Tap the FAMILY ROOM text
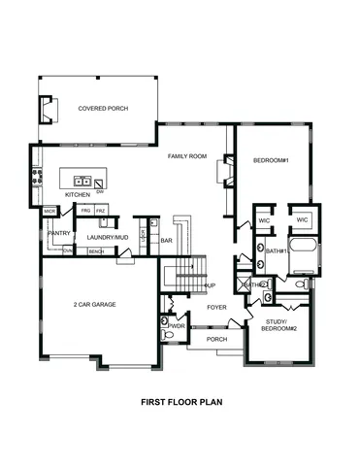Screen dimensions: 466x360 [x=187, y=156]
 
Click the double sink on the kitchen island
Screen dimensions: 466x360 [x=83, y=181]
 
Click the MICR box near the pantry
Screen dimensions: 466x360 [x=49, y=210]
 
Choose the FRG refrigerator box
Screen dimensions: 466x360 [x=85, y=211]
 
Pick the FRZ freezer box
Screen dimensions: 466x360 [x=101, y=211]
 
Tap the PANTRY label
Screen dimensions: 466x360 [x=59, y=233]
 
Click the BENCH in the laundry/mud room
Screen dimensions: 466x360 [x=96, y=251]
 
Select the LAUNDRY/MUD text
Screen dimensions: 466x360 [x=107, y=237]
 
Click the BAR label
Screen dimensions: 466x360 [x=167, y=240]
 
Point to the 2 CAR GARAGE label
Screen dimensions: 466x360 [x=94, y=305]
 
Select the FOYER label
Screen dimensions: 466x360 [x=216, y=307]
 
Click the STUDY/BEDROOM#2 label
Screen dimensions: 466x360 [x=280, y=325]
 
